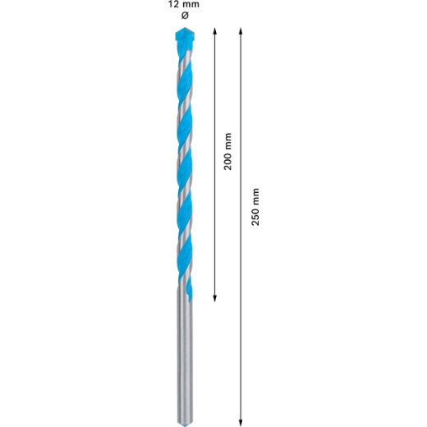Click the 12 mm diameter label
point(183,5)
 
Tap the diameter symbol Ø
point(185,16)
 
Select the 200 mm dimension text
point(227,151)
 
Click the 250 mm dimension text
point(255,207)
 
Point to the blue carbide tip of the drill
point(185,38)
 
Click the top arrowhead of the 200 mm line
point(215,30)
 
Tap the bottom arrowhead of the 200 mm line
point(215,299)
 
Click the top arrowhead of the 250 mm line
point(241,30)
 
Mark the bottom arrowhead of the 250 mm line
point(241,423)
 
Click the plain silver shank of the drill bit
point(185,356)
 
